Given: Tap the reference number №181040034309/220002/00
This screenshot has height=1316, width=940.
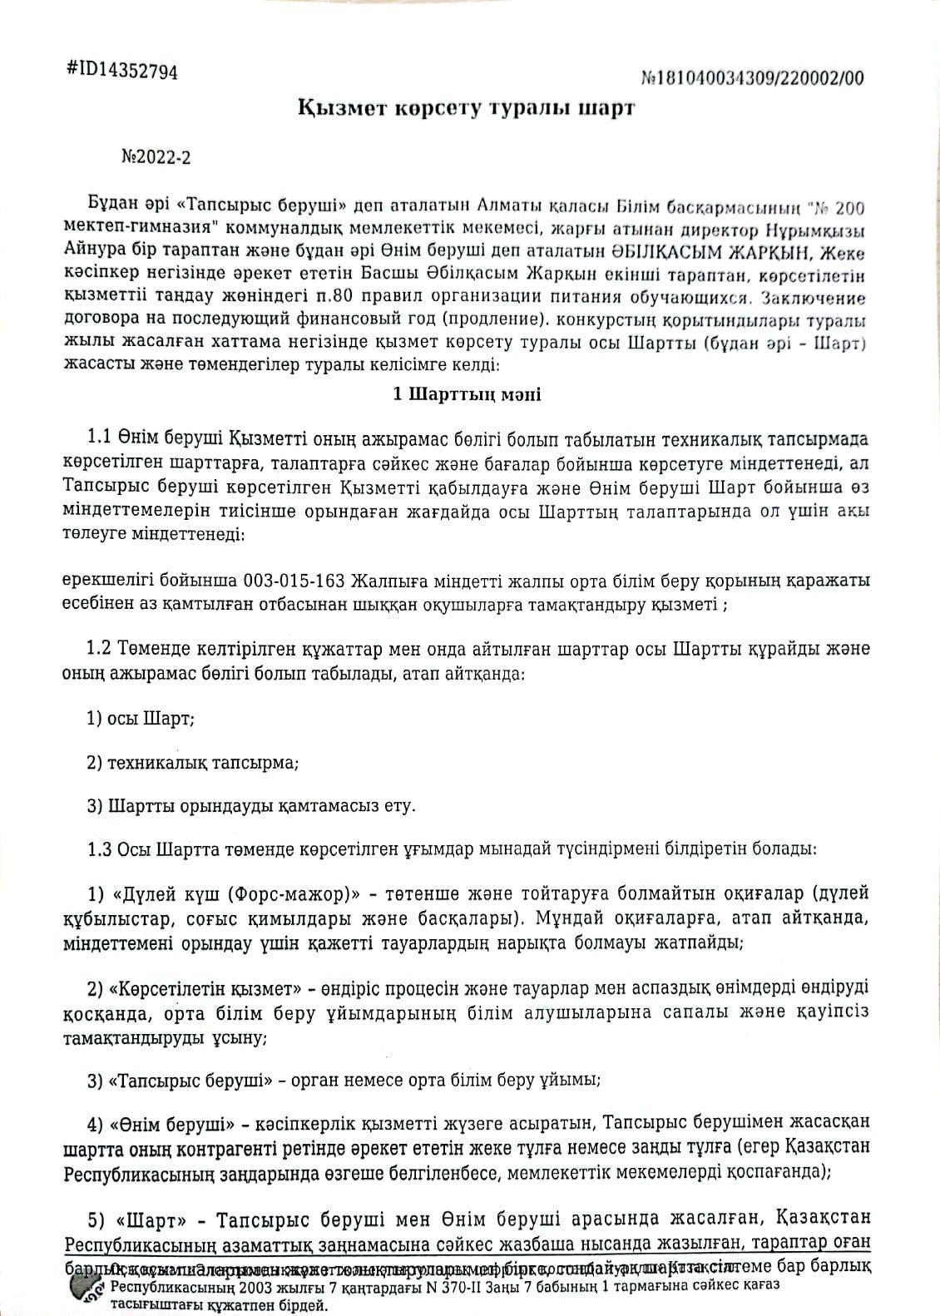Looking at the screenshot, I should tap(753, 78).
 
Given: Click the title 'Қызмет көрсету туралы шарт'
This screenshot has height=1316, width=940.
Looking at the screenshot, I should tap(466, 109).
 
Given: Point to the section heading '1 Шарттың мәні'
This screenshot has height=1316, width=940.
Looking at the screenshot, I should tap(467, 393).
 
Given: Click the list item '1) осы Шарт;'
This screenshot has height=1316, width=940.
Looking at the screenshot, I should tap(141, 719).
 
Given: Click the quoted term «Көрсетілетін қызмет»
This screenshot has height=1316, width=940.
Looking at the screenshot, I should tap(205, 989).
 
